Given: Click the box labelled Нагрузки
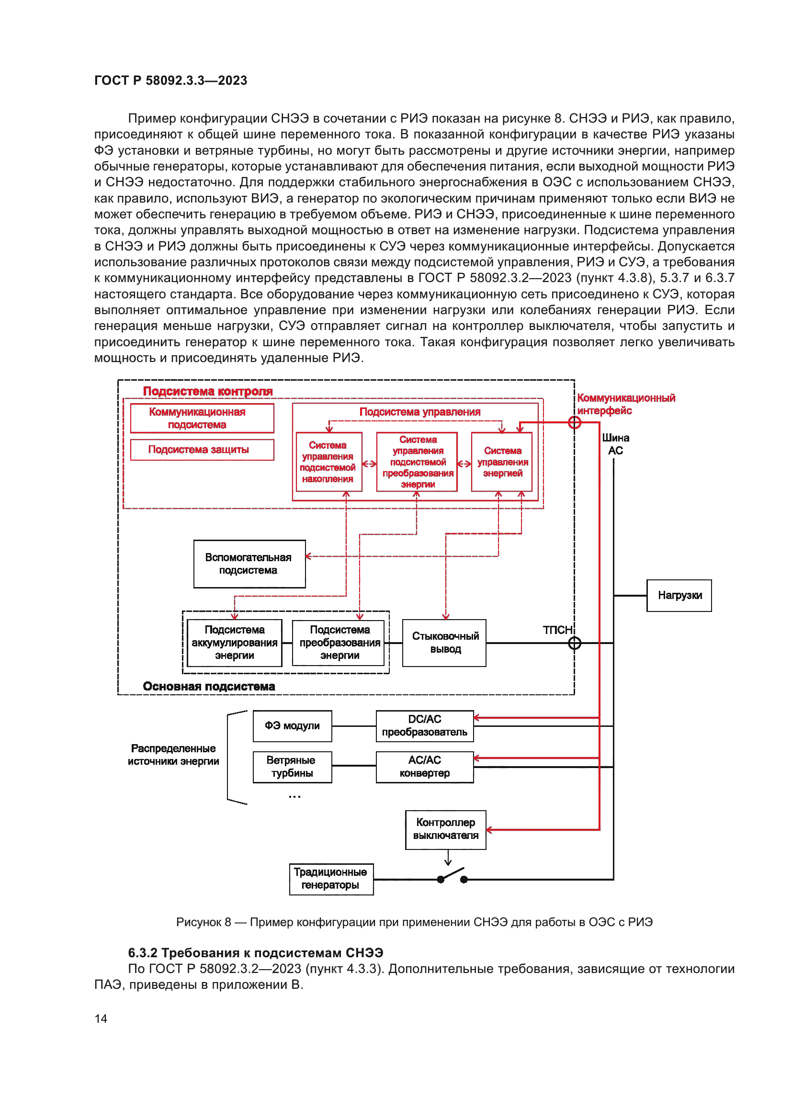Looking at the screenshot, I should pyautogui.click(x=679, y=595).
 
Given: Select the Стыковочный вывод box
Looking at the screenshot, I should pyautogui.click(x=444, y=643).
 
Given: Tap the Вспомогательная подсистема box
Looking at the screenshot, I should pyautogui.click(x=249, y=564).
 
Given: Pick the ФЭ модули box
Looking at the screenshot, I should pyautogui.click(x=292, y=726).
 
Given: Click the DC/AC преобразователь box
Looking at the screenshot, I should pyautogui.click(x=424, y=726).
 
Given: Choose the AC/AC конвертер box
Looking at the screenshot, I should pyautogui.click(x=424, y=767).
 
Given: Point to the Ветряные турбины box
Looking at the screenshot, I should pyautogui.click(x=292, y=767).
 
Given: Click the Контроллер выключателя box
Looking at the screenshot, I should pyautogui.click(x=445, y=829).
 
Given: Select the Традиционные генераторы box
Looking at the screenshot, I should pyautogui.click(x=331, y=879).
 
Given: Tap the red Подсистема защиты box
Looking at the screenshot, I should pyautogui.click(x=202, y=449).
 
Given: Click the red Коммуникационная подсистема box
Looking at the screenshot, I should pyautogui.click(x=202, y=418).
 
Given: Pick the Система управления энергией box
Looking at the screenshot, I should pyautogui.click(x=502, y=462).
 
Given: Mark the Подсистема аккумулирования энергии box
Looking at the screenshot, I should pyautogui.click(x=235, y=643).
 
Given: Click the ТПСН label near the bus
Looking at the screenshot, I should pyautogui.click(x=557, y=630).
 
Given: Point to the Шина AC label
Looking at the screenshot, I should pyautogui.click(x=615, y=444).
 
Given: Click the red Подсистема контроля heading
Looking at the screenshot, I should pyautogui.click(x=208, y=391).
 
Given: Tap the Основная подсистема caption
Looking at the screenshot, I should pyautogui.click(x=209, y=686).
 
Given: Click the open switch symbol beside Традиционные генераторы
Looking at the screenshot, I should pyautogui.click(x=452, y=877).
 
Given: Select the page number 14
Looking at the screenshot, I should pyautogui.click(x=101, y=1018).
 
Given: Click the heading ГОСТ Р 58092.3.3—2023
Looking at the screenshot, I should pyautogui.click(x=170, y=80).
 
